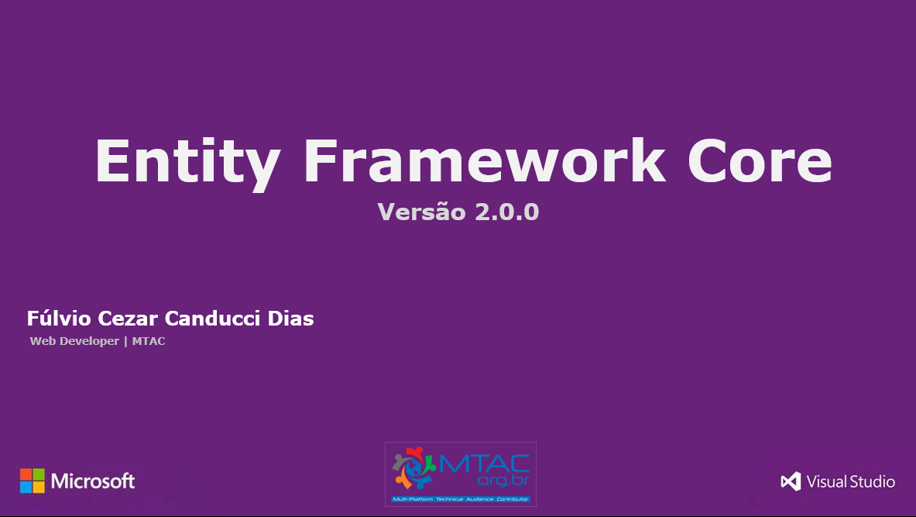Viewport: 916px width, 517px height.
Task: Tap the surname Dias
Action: click(x=293, y=319)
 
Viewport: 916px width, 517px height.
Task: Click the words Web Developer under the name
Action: click(x=74, y=341)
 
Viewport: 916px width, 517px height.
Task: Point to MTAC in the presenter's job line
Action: click(x=149, y=341)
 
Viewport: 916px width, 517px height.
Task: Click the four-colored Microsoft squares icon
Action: click(x=33, y=481)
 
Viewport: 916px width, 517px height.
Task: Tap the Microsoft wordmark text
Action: click(x=93, y=481)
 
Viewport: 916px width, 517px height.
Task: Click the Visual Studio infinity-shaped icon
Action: click(x=791, y=481)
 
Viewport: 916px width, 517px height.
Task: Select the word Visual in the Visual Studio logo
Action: click(x=826, y=481)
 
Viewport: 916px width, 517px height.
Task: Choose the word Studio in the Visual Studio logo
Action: click(x=873, y=481)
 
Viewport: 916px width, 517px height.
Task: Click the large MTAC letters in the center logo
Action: click(x=485, y=464)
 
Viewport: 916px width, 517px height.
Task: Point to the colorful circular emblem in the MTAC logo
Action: click(x=413, y=470)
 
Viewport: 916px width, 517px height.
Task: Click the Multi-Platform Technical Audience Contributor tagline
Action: click(x=461, y=499)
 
